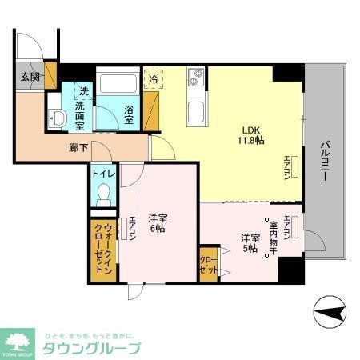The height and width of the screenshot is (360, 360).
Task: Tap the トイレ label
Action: tap(103, 174)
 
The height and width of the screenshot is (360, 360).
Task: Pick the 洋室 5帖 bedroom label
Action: tap(249, 243)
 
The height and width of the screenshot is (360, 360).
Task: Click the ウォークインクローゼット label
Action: tap(103, 248)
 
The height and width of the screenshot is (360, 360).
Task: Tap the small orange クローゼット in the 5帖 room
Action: tap(208, 265)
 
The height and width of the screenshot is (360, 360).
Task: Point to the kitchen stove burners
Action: tap(196, 78)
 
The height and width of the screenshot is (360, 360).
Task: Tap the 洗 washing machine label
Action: tap(83, 90)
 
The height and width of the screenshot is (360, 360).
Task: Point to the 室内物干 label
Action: tap(272, 237)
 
